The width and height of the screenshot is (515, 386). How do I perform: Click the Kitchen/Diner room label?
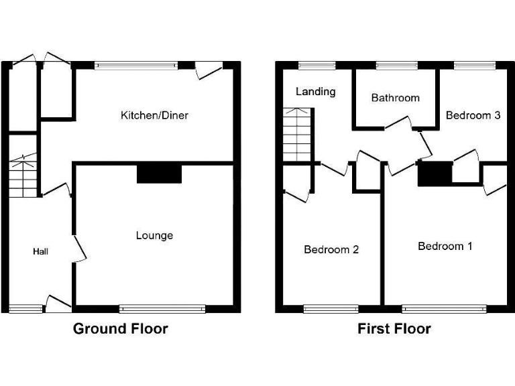[154, 115]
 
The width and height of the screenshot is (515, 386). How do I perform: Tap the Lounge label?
[154, 235]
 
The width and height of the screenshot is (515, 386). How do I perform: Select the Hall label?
[41, 251]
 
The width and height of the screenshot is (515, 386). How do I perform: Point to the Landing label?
[315, 91]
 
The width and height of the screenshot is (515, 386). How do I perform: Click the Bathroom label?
[395, 98]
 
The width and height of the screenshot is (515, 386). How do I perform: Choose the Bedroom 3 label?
[473, 115]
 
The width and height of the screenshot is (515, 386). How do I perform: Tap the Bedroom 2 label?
[331, 249]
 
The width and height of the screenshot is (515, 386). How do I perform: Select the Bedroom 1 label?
[445, 246]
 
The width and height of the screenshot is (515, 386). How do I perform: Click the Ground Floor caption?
[120, 328]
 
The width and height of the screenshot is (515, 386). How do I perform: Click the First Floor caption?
[394, 328]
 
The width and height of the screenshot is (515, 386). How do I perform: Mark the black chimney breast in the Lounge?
[159, 174]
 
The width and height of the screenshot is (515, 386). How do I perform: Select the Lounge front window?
[162, 309]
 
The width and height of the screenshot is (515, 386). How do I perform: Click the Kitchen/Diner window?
[136, 65]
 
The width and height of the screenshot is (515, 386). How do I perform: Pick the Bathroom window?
[396, 65]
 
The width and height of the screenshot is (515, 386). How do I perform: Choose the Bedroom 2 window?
[331, 309]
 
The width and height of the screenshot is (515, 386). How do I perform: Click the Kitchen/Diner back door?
[208, 70]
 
